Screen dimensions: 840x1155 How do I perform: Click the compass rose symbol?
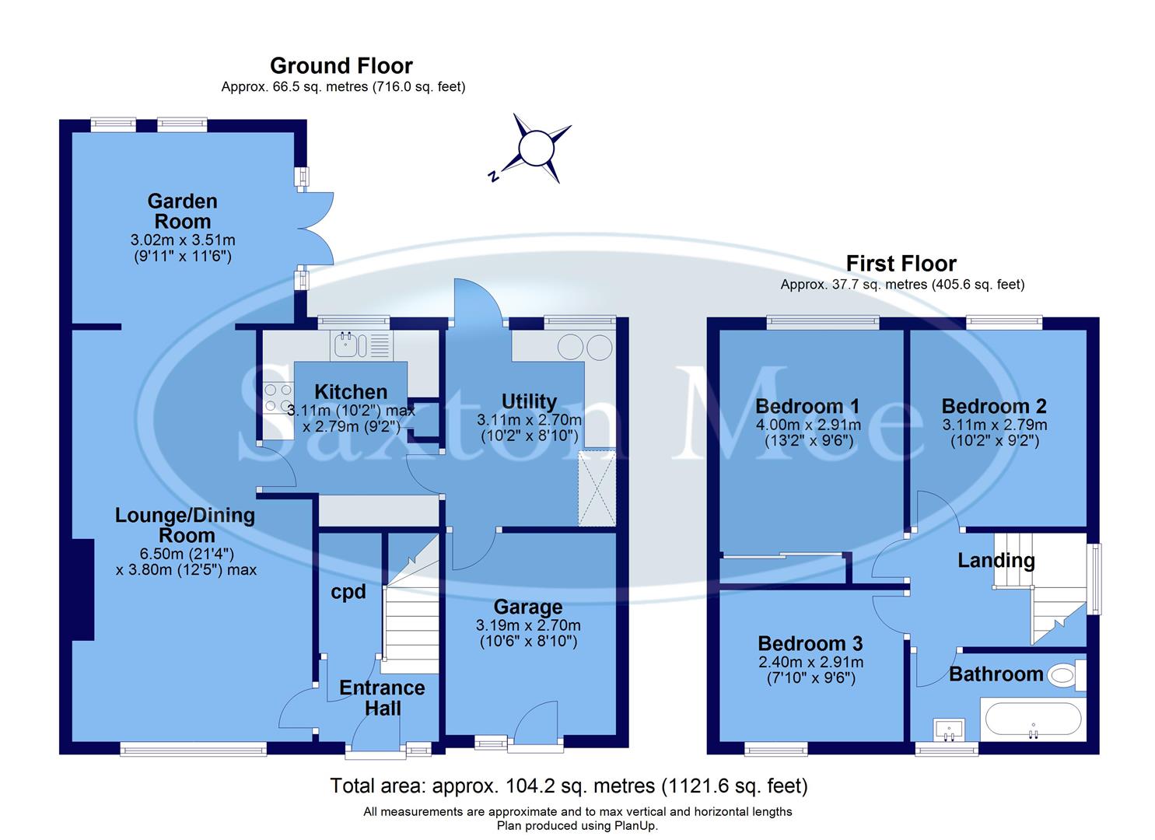[x=535, y=149]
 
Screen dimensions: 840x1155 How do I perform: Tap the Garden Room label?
[x=182, y=211]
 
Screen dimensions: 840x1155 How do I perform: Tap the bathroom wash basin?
[x=949, y=730]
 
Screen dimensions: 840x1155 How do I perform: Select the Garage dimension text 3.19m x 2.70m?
[x=528, y=625]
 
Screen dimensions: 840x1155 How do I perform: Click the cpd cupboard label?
[x=348, y=592]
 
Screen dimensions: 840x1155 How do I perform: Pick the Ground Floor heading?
[x=341, y=66]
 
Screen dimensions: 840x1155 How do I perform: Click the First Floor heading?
[x=901, y=264]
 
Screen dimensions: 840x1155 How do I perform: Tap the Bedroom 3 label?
[x=810, y=643]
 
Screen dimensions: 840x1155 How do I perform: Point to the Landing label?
[x=996, y=560]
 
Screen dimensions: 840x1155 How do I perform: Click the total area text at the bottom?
[x=569, y=786]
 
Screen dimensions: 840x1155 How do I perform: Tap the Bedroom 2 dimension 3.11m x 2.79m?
[x=994, y=425]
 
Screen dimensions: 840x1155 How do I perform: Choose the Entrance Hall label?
[x=382, y=698]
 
